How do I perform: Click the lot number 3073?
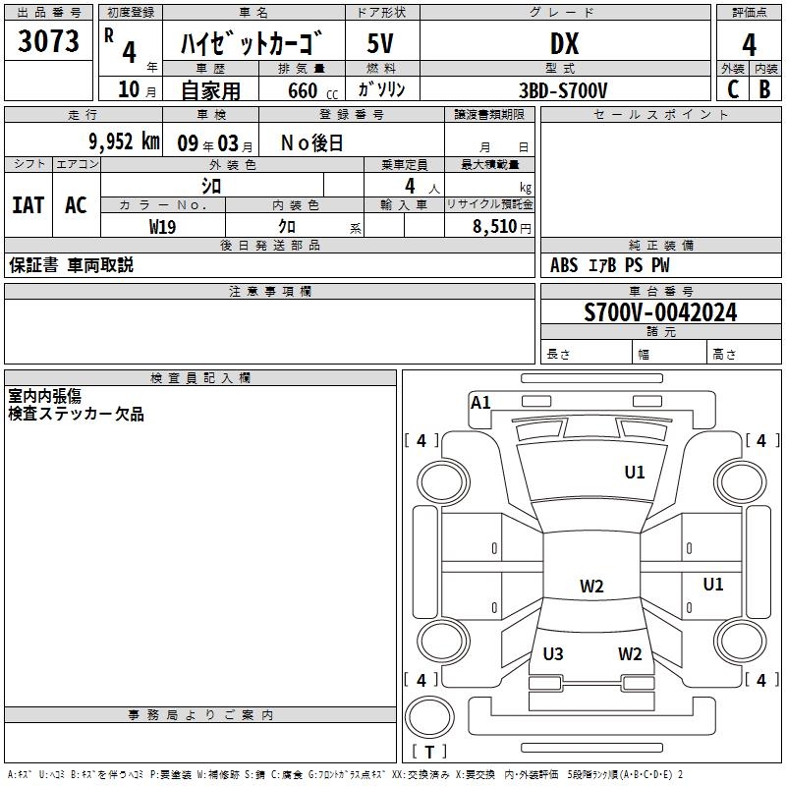pos(49,42)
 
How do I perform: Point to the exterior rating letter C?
pos(732,89)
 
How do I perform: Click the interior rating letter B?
pos(764,89)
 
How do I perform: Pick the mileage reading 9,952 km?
pos(122,141)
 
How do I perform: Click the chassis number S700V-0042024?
pos(660,312)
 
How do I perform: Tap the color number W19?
pos(163,226)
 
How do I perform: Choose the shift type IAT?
pos(28,204)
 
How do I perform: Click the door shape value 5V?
pos(380,43)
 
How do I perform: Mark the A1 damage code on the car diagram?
pos(480,402)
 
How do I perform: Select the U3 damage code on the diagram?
pos(553,653)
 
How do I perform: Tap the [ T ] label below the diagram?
pos(429,752)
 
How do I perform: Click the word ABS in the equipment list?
pos(564,265)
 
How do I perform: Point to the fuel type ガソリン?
pos(382,90)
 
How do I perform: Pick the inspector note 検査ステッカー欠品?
pos(76,415)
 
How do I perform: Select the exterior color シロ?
pos(211,185)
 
